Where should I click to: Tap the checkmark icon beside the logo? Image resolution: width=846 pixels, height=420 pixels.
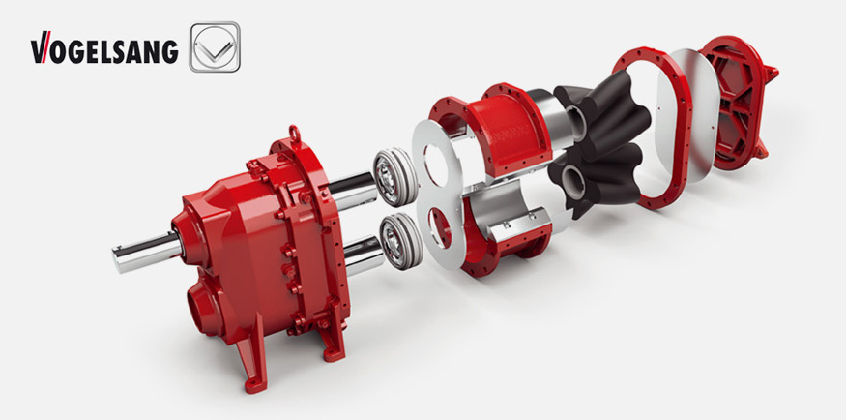215,46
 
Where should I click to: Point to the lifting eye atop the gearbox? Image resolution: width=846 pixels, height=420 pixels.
294,133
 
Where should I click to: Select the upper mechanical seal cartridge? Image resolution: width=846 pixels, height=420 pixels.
395,176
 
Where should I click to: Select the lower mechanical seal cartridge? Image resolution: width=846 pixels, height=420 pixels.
400,241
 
